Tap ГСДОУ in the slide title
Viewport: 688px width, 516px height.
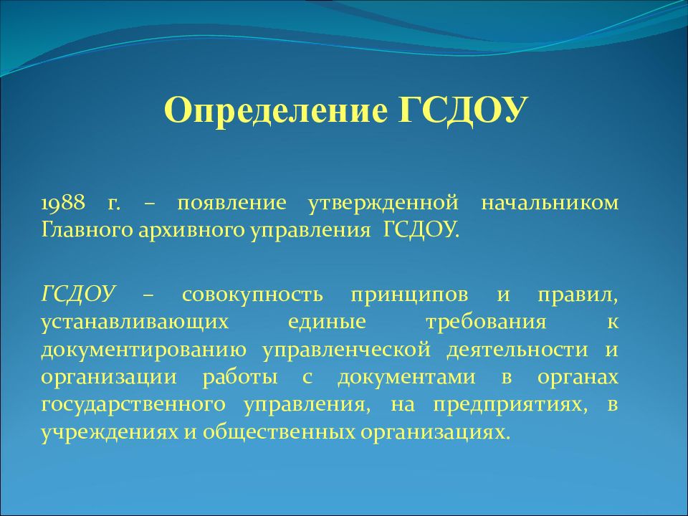462,110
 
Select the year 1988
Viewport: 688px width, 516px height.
63,203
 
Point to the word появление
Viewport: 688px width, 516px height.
231,203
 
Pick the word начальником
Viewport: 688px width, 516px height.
550,203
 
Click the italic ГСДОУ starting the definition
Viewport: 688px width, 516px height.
78,294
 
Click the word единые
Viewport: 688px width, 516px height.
328,322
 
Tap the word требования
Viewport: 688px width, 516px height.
486,322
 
